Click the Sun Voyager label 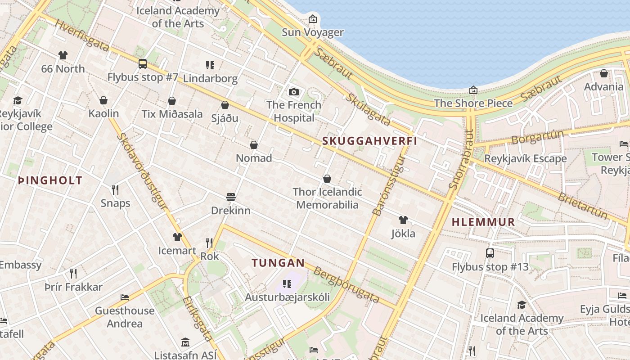[x=312, y=32]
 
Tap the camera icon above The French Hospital [x=294, y=92]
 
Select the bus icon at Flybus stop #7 [x=143, y=64]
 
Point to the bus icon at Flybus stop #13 [x=490, y=253]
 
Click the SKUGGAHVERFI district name [x=369, y=141]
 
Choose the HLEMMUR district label [x=483, y=222]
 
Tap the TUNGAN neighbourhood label [x=278, y=263]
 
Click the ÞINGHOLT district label [x=50, y=181]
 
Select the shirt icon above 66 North [x=63, y=55]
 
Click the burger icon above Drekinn [x=231, y=197]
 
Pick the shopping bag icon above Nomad [x=254, y=145]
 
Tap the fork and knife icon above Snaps [x=115, y=190]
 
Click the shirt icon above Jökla [x=403, y=220]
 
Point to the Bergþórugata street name [x=346, y=285]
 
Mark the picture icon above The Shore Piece [x=473, y=90]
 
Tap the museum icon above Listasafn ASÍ [x=185, y=342]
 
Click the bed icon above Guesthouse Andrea [x=125, y=297]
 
